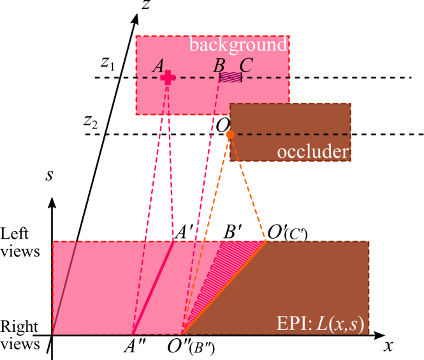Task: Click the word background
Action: [x=238, y=45]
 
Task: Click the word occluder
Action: [x=312, y=152]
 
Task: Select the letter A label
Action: [x=158, y=66]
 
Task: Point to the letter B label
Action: [x=219, y=66]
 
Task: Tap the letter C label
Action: [x=245, y=65]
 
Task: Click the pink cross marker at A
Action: [x=168, y=77]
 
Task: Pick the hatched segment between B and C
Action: [x=231, y=77]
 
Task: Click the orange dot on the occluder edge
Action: [x=230, y=135]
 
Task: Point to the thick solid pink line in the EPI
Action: [x=153, y=287]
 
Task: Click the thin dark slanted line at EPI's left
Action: [x=65, y=287]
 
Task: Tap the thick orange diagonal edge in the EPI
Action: [x=223, y=288]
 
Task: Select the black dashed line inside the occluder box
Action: [x=293, y=135]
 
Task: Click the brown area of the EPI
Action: [x=306, y=281]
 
